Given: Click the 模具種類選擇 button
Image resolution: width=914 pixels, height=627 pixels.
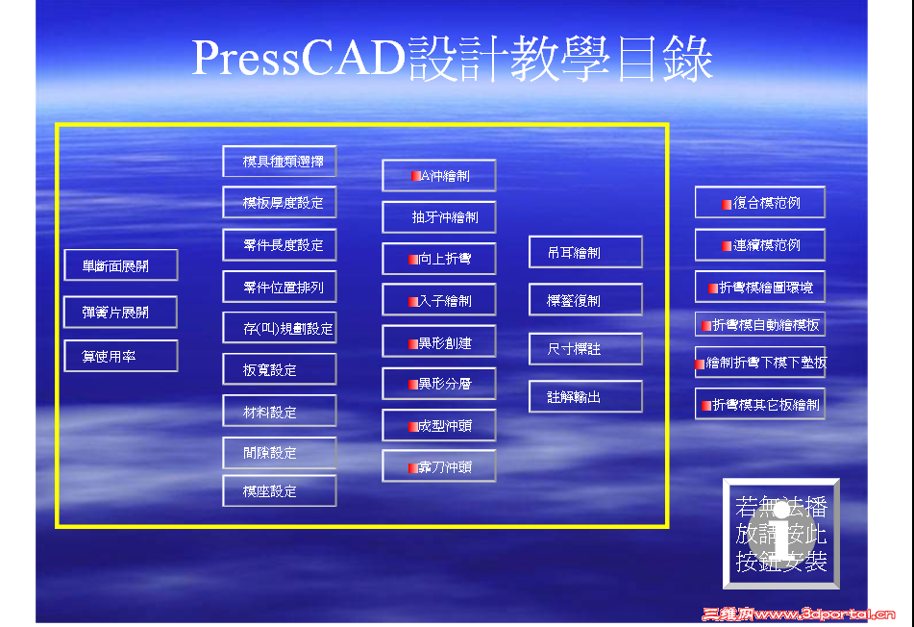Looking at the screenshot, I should pos(280,162).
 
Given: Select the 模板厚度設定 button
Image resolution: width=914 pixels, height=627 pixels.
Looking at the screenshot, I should pos(280,203).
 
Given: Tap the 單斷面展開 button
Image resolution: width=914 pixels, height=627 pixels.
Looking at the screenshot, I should pos(121,265).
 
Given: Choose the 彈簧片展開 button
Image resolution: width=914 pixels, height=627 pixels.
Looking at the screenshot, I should pos(121,313).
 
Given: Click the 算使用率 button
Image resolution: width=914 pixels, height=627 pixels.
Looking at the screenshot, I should pos(121,356).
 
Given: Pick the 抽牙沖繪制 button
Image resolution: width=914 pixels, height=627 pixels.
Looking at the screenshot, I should pos(439,217).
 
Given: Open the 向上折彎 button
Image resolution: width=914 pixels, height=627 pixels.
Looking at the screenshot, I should pos(439,259).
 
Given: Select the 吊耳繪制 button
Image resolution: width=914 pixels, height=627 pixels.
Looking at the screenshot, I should pos(585,252).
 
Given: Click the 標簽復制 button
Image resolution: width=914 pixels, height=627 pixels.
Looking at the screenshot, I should pos(585,300).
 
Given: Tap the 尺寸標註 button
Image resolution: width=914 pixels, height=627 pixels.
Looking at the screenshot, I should pos(585,349).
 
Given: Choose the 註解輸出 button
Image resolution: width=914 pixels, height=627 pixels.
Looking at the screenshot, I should pos(585,396).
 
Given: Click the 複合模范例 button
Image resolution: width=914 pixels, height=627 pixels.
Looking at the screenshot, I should pos(760,203).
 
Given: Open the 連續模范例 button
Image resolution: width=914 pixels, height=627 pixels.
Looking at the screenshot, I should pos(760,245).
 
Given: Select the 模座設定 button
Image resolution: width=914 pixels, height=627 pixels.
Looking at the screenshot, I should pos(280,491).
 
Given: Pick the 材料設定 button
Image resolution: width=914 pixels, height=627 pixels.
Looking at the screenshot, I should pos(280,412).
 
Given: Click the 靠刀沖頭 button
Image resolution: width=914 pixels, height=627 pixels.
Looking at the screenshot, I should pos(439,466).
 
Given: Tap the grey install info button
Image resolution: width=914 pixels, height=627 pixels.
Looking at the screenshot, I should pos(781,534).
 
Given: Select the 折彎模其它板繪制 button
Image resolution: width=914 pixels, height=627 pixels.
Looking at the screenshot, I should pos(760,405).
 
